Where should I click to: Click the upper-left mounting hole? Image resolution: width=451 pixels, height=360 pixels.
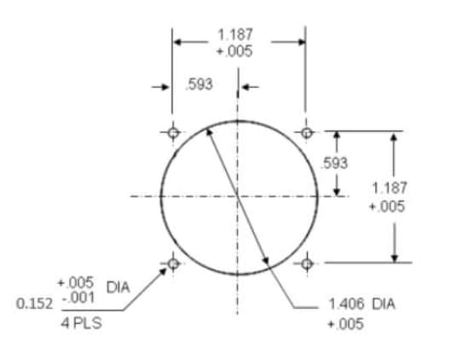(173, 132)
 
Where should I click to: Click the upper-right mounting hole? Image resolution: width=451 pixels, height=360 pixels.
(306, 132)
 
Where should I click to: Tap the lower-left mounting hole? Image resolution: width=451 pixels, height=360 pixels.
(173, 264)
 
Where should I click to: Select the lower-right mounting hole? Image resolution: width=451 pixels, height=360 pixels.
(306, 264)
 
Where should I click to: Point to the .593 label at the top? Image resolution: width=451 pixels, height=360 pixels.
(199, 84)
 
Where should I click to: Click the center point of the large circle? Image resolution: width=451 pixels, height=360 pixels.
(240, 196)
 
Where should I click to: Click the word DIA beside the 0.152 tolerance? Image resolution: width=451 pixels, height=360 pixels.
(117, 288)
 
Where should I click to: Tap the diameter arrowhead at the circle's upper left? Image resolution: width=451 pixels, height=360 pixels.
(210, 132)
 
